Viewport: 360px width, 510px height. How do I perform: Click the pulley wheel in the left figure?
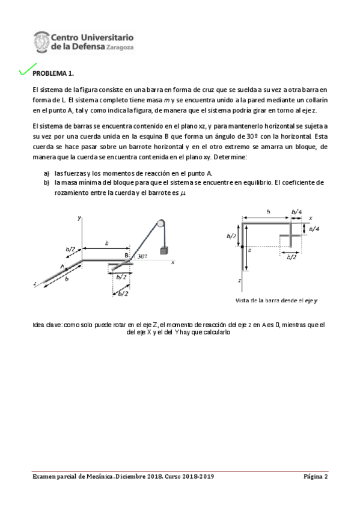pyautogui.click(x=160, y=223)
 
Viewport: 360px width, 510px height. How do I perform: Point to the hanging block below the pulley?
pyautogui.click(x=163, y=250)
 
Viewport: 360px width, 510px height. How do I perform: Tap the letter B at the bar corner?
pyautogui.click(x=126, y=256)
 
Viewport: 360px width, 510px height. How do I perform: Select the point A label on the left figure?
pyautogui.click(x=62, y=266)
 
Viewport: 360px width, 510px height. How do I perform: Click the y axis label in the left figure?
pyautogui.click(x=79, y=220)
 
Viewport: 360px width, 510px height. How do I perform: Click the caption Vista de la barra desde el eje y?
pyautogui.click(x=276, y=300)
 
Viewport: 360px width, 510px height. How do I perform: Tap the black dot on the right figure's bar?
pyautogui.click(x=242, y=247)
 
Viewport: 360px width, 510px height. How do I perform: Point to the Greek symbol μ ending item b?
pyautogui.click(x=183, y=192)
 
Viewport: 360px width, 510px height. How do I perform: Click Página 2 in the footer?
pyautogui.click(x=315, y=477)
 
